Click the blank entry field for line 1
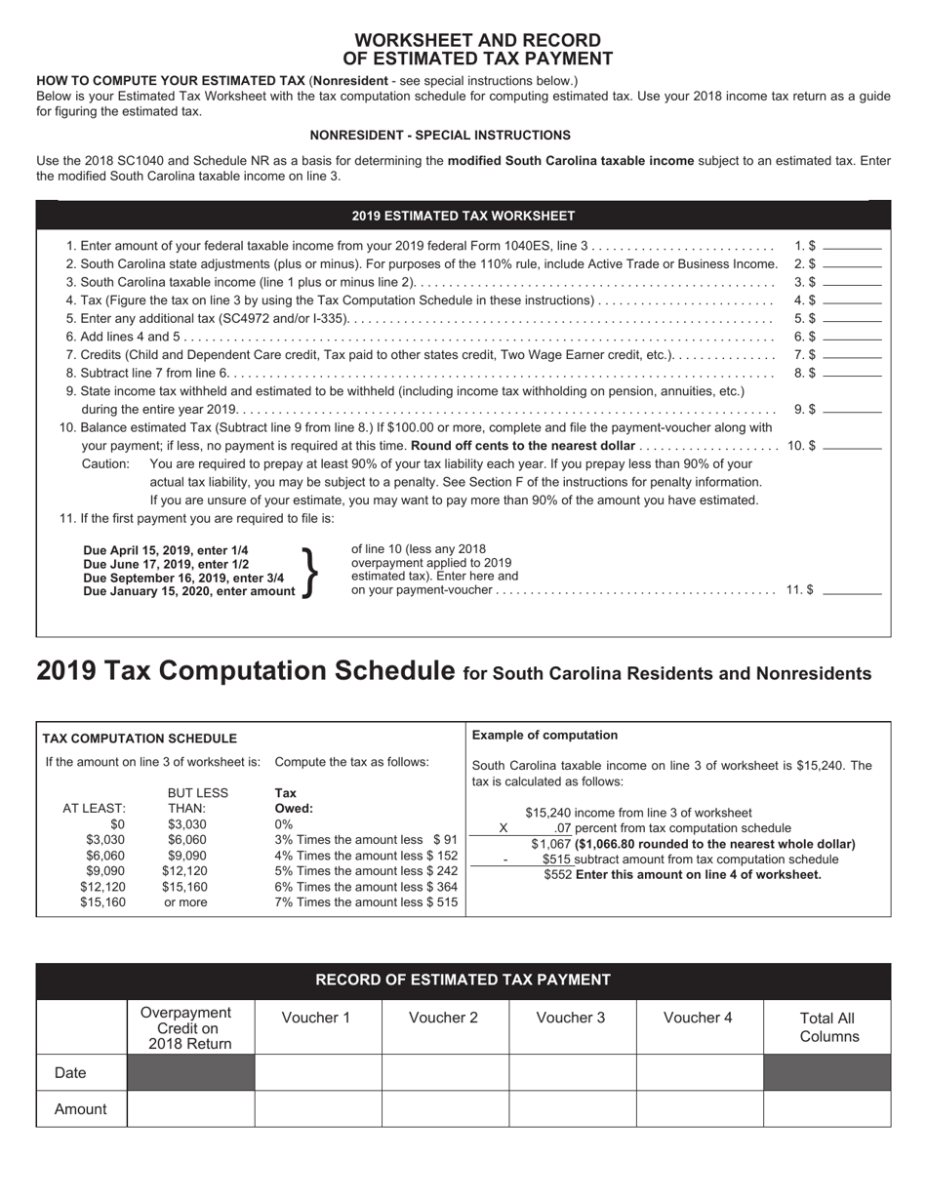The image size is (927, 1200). (852, 247)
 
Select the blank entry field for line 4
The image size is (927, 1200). (852, 300)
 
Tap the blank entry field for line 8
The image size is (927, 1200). (852, 373)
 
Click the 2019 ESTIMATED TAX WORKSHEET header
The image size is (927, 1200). (463, 216)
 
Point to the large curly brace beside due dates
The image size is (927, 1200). (310, 571)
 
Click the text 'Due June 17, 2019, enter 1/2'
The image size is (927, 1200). (166, 564)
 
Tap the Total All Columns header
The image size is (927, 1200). (827, 1026)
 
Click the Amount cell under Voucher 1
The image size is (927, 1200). (317, 1108)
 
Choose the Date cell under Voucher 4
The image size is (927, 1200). (699, 1072)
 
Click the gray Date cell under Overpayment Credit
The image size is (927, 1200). (190, 1072)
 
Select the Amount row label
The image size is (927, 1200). (81, 1108)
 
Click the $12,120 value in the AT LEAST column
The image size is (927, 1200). (102, 887)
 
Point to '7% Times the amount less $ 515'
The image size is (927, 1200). (366, 902)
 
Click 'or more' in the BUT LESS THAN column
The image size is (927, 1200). (185, 902)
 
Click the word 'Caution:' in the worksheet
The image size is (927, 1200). (105, 464)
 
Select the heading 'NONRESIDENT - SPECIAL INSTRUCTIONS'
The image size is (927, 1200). (440, 136)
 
